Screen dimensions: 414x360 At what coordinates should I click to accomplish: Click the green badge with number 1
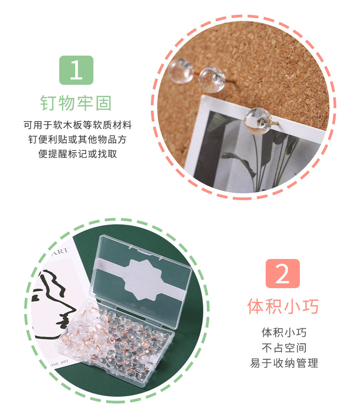coord(76,70)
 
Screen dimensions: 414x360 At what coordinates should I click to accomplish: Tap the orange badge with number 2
coord(283,274)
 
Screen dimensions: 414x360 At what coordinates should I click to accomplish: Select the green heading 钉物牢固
coord(76,103)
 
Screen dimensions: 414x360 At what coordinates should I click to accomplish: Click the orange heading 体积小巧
coord(283,306)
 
